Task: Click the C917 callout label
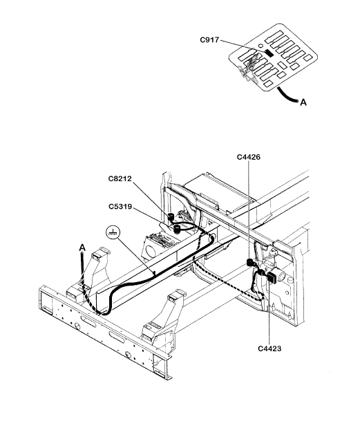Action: click(x=209, y=40)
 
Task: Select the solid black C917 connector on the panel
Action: click(x=269, y=53)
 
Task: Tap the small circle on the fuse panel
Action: click(x=260, y=46)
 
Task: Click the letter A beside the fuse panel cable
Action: click(x=303, y=102)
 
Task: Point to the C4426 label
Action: click(x=248, y=157)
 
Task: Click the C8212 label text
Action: click(x=120, y=178)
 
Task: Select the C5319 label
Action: click(x=120, y=207)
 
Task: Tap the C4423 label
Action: click(x=269, y=348)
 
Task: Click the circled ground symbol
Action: click(x=113, y=232)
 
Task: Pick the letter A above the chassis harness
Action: click(x=82, y=247)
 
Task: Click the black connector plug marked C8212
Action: click(x=171, y=217)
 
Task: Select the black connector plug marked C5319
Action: click(x=177, y=230)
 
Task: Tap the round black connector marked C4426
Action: click(x=249, y=262)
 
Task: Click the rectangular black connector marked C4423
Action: click(x=272, y=277)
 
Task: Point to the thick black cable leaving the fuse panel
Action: click(x=287, y=96)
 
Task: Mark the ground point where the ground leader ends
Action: click(x=154, y=273)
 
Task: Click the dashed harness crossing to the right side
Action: click(x=227, y=283)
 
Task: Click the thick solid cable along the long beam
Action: click(x=157, y=278)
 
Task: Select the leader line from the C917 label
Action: click(x=243, y=46)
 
